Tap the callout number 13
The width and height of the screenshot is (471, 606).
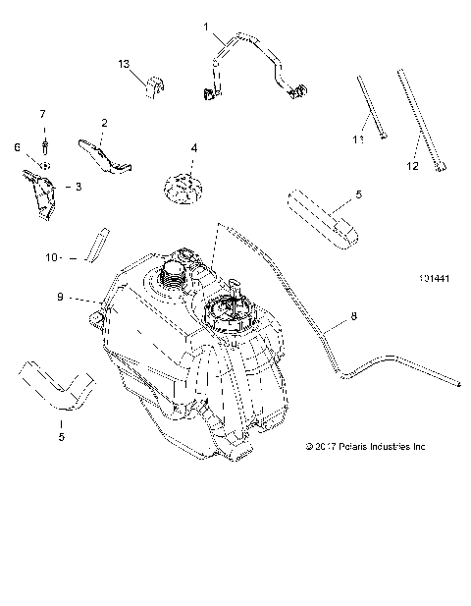(x=125, y=64)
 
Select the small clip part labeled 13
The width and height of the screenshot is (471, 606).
(x=155, y=86)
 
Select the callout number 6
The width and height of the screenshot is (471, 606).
(x=17, y=146)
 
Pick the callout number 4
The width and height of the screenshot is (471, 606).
(x=194, y=148)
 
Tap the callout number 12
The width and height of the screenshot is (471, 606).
(x=412, y=167)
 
